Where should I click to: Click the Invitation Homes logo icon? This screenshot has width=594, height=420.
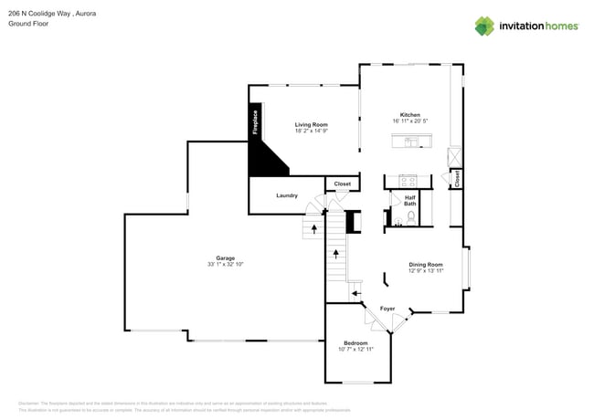(484, 26)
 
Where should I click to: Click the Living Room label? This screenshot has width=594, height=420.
(311, 124)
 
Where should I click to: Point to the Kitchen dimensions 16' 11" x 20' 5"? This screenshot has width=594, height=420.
(410, 121)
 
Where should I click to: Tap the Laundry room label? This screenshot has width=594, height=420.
(287, 195)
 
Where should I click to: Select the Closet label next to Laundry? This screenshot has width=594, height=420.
(342, 184)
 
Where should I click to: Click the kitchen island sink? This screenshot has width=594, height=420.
(411, 141)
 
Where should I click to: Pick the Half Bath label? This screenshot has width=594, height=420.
(410, 201)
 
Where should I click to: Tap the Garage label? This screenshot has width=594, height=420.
(225, 257)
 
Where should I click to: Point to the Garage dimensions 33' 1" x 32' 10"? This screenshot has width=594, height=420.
(225, 265)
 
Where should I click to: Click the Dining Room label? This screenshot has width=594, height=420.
(425, 264)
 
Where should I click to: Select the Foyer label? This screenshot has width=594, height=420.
(387, 309)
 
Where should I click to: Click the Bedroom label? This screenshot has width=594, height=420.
(355, 342)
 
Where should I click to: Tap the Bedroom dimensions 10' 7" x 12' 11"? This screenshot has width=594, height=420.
(355, 350)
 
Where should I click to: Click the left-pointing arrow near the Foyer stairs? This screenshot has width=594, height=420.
(356, 294)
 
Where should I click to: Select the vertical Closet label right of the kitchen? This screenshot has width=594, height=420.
(457, 179)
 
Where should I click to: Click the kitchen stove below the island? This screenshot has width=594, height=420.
(407, 180)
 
